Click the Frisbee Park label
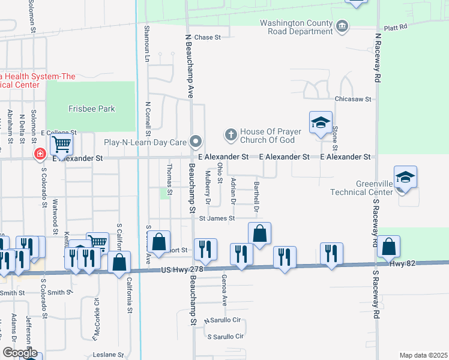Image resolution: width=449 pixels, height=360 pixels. point(91,109)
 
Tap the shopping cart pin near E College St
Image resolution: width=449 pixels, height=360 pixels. point(61,145)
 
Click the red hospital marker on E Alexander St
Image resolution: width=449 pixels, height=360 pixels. point(40,154)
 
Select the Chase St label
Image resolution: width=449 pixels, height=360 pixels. point(208,37)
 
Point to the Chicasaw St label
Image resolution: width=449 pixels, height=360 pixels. point(354,99)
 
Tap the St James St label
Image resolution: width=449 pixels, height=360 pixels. point(217,218)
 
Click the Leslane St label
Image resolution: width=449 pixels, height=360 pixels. point(108,355)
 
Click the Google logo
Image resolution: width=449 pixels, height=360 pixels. point(19,353)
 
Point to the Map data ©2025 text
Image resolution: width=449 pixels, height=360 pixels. point(424,355)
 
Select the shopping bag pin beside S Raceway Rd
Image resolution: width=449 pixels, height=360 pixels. point(389,247)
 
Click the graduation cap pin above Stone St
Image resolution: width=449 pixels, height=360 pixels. point(321,122)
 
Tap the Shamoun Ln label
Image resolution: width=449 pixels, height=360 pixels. point(146,44)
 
